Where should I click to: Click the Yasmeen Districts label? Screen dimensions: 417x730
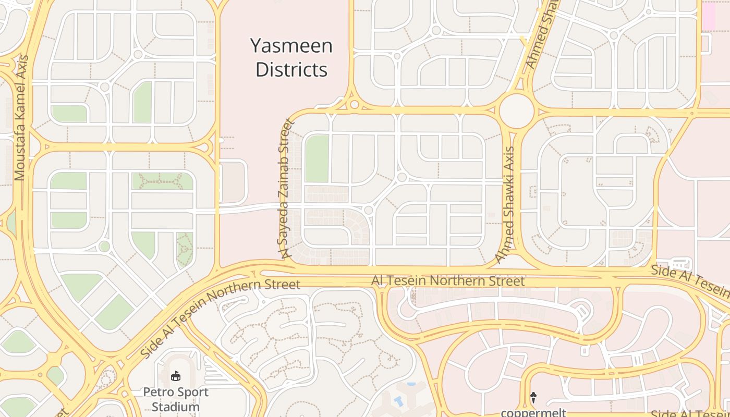point(291,57)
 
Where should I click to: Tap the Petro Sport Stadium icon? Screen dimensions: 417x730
point(176,376)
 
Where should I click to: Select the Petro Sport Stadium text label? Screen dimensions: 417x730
point(176,399)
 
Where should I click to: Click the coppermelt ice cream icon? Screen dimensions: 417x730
point(533,398)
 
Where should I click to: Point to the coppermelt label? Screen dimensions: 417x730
point(533,412)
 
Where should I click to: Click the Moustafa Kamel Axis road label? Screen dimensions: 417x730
point(21,117)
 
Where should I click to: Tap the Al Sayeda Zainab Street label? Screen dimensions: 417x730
point(286,189)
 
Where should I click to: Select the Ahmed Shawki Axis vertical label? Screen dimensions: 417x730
point(505,204)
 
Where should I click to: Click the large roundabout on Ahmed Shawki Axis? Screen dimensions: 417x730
point(516,111)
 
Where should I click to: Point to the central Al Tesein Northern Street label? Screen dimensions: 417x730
point(447,281)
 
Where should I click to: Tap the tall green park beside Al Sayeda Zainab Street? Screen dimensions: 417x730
point(317,158)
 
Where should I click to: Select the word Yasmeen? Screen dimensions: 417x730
point(291,46)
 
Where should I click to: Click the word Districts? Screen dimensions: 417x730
point(291,69)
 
